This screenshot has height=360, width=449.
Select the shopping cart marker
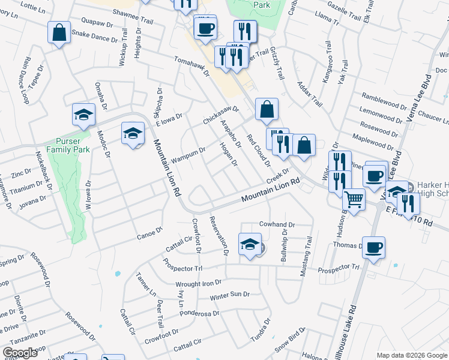coord(354,199)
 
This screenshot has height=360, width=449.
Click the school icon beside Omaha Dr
coord(83,115)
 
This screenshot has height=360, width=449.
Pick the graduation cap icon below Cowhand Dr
coord(250,244)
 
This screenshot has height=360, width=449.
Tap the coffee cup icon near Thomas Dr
coord(373,248)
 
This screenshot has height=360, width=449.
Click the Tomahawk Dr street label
coord(190,67)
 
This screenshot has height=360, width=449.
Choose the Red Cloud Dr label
coord(259,150)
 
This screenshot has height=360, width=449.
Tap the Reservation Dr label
coord(219,235)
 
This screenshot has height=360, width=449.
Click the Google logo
coord(20,353)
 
